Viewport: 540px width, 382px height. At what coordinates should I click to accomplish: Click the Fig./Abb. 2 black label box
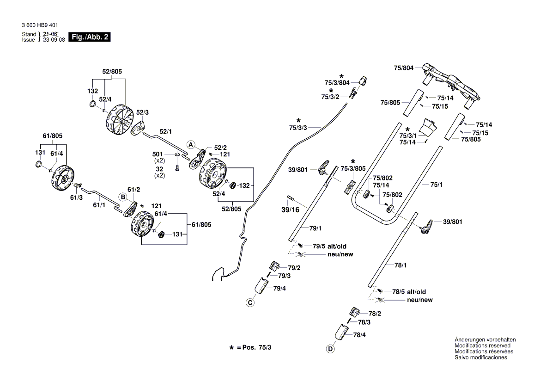[x=89, y=37]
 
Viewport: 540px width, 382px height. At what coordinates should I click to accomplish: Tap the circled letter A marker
[x=190, y=144]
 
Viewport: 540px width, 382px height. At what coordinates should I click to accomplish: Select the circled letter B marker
[x=123, y=197]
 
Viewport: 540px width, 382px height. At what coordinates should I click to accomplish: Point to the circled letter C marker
[x=250, y=303]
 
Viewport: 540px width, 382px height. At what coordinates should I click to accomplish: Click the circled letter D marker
[x=330, y=349]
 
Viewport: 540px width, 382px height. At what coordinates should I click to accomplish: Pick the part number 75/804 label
[x=403, y=68]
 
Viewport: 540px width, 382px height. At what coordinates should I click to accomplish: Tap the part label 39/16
[x=291, y=210]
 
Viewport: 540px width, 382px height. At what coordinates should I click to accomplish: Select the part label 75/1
[x=436, y=185]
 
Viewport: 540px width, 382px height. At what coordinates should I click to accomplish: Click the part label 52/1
[x=166, y=132]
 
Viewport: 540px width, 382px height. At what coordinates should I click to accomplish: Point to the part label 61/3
[x=76, y=197]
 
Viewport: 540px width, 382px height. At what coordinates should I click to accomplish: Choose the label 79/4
[x=279, y=289]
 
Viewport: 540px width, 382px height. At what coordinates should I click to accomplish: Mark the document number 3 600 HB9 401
[x=40, y=25]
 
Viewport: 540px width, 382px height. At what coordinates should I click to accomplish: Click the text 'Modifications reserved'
[x=482, y=345]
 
